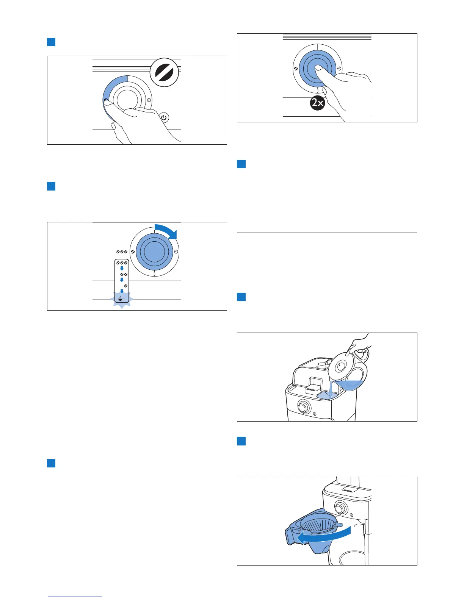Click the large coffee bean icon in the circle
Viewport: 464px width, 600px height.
coord(164,72)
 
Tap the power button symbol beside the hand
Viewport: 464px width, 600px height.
coord(163,117)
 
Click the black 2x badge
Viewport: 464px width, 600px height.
coord(318,103)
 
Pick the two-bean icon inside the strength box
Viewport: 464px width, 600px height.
coord(123,274)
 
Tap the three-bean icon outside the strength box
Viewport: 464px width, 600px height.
coord(122,252)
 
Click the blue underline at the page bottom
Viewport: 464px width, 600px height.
coord(75,597)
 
